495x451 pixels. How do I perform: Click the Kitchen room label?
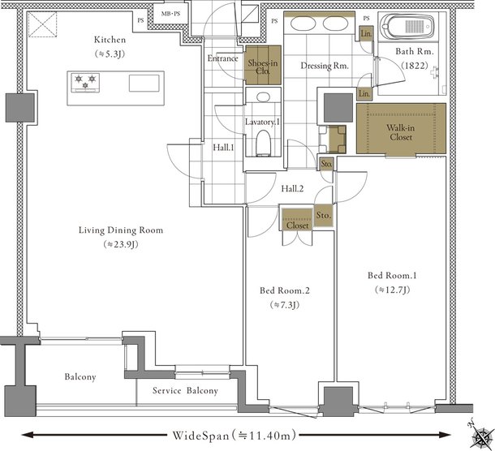tap(110, 40)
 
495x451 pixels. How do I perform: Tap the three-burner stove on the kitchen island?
tap(85, 83)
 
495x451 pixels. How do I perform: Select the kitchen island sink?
tap(144, 83)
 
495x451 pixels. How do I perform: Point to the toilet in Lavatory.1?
tap(263, 143)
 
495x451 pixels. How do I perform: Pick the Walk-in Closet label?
tap(401, 132)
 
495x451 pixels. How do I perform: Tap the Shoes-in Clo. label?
tap(263, 67)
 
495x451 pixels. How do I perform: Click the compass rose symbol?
tap(480, 436)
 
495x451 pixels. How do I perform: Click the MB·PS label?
tap(170, 14)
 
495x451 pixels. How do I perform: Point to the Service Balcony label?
tap(185, 391)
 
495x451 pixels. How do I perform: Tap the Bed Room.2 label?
tap(285, 290)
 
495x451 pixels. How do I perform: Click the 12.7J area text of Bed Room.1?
tap(393, 290)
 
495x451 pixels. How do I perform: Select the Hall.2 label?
tap(292, 189)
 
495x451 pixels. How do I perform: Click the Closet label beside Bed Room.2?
tap(297, 225)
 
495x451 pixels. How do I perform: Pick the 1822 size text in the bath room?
tap(415, 66)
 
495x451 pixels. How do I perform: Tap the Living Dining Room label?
tap(121, 230)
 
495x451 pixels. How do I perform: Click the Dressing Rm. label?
tap(325, 66)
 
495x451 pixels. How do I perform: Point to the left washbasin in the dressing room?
tap(303, 24)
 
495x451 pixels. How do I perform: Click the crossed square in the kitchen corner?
tap(42, 24)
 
